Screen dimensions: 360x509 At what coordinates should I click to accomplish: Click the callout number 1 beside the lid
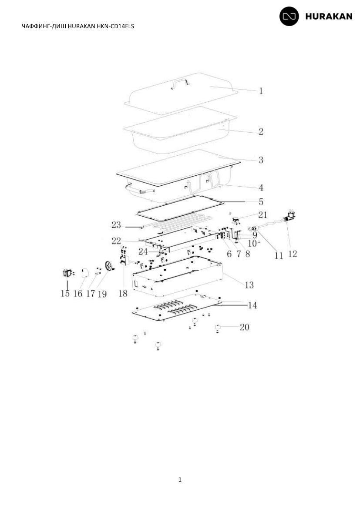pos(261,91)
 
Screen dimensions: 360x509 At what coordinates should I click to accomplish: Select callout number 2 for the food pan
pos(261,131)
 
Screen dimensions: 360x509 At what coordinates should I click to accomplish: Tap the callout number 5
pos(261,202)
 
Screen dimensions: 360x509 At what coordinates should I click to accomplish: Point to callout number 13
pos(249,285)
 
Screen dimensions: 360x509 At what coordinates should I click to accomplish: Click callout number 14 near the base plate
pos(252,305)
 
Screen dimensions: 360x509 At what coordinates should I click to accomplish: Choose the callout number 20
pos(245,327)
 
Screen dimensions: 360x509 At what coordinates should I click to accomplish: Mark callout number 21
pos(263,214)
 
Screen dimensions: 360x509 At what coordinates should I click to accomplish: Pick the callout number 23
pos(116,224)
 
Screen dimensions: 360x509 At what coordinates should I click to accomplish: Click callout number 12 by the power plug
pos(293,254)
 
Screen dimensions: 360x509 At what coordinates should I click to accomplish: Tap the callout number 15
pos(65,294)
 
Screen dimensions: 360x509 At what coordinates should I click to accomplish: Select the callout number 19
pos(102,294)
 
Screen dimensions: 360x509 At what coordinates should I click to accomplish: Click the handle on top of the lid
pos(181,83)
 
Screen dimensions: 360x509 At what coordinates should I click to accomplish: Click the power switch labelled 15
pos(67,273)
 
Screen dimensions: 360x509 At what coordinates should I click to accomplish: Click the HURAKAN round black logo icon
pos(289,16)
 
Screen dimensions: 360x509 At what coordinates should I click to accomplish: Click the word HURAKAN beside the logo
pos(329,17)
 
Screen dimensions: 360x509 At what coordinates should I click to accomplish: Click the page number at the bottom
pos(180,479)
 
